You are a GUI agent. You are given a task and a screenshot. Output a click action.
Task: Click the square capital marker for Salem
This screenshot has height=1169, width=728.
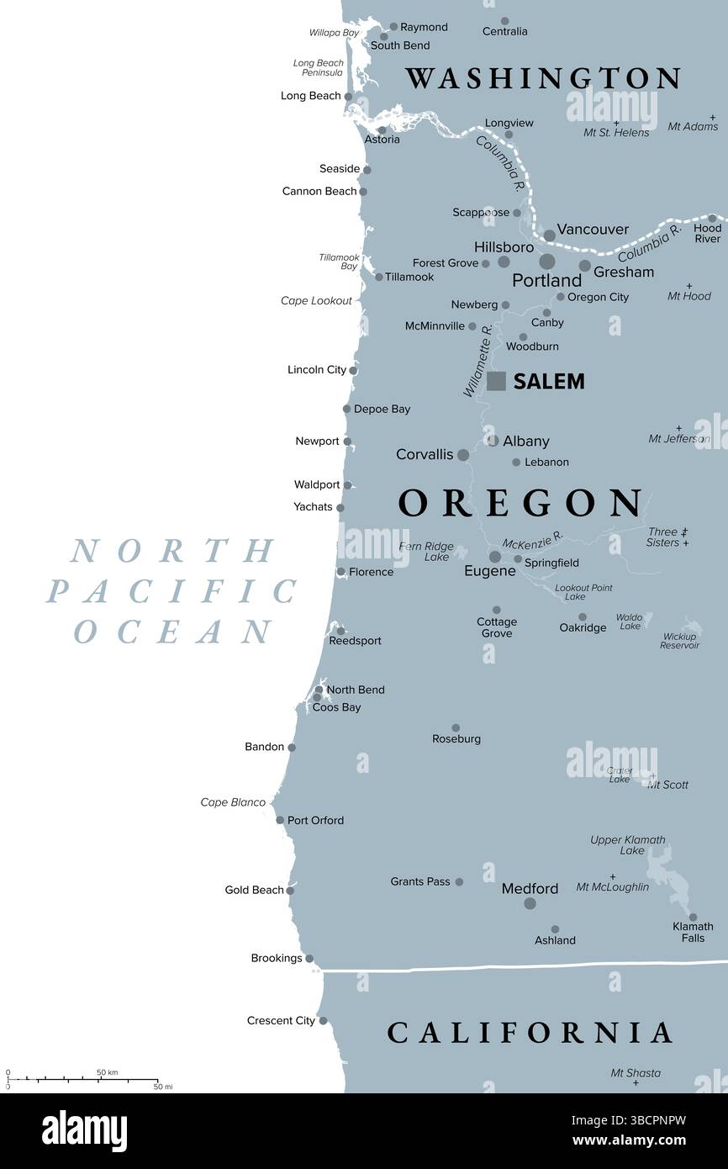coord(497,381)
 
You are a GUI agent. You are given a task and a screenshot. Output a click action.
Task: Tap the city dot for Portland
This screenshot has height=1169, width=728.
coord(547,262)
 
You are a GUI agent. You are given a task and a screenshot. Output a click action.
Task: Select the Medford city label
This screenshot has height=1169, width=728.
coord(530,888)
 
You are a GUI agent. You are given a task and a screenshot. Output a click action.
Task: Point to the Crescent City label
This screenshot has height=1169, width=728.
coord(281,1020)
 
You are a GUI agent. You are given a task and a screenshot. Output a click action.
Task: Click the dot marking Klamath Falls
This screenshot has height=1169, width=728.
coord(693,918)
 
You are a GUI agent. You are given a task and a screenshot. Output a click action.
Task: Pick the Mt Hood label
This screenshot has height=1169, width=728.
coord(688,296)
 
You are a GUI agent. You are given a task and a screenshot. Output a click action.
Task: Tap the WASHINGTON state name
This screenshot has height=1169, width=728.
coord(543,78)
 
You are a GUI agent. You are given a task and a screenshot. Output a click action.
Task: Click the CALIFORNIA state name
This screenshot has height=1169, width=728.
coord(530,1033)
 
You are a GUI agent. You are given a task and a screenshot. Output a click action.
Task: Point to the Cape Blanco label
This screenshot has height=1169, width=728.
coord(233,802)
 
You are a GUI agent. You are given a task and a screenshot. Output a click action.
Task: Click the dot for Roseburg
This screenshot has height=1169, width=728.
coord(456,728)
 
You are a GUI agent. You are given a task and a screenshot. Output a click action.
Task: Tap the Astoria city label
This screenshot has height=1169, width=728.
coord(382,140)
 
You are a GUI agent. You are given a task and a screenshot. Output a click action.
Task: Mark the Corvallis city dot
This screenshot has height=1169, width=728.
coord(463,455)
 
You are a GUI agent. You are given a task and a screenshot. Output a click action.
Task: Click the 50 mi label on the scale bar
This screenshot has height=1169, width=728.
coord(162,1087)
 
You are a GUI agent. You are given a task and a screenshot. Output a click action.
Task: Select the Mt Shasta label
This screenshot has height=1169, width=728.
coord(635,1072)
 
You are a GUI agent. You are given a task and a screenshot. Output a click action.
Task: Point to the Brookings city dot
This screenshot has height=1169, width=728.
coord(309,959)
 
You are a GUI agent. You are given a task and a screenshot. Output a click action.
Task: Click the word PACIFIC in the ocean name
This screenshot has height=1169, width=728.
coord(172,591)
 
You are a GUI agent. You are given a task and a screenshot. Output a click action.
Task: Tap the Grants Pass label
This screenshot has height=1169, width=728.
coord(420,881)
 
